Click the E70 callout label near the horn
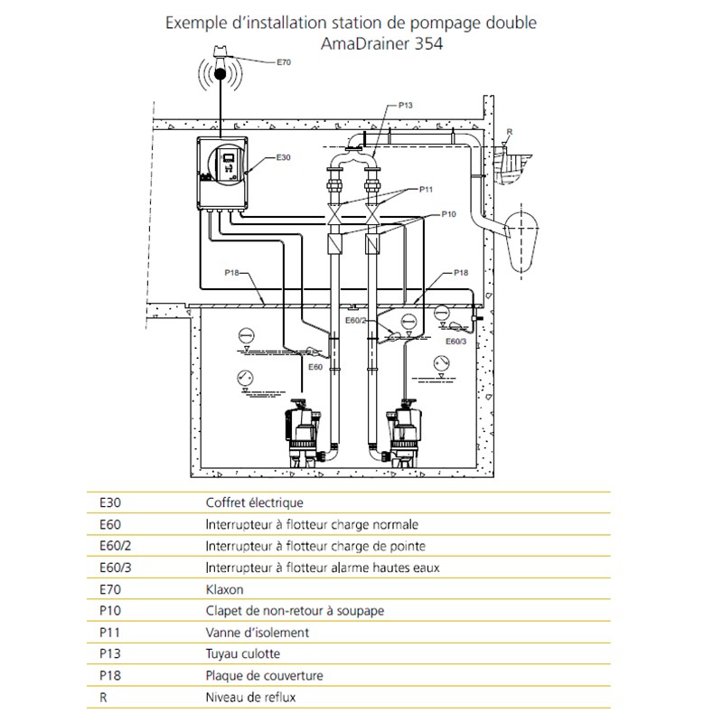click(284, 62)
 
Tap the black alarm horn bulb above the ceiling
click(221, 73)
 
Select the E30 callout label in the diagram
click(283, 157)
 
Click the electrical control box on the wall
click(222, 173)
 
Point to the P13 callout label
click(405, 105)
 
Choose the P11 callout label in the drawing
click(426, 189)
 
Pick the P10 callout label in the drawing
click(448, 214)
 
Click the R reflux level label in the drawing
click(510, 132)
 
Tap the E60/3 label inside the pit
click(455, 342)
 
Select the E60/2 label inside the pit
click(355, 320)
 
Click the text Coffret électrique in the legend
click(255, 502)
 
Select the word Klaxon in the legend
click(224, 589)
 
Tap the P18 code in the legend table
click(110, 675)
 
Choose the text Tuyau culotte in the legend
click(243, 653)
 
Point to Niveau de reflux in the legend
click(251, 697)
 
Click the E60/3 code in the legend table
click(116, 568)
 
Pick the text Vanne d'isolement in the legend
click(258, 632)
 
